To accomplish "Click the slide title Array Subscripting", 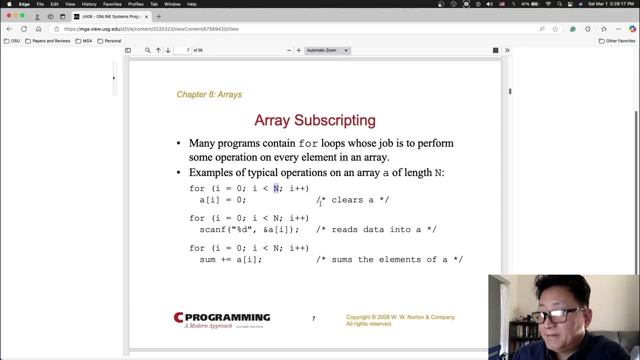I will click(x=314, y=120).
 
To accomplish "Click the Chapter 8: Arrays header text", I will click(x=209, y=94).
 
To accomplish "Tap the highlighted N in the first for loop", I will click(x=276, y=188).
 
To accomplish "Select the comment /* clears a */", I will click(x=352, y=200).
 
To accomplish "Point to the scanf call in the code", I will click(x=249, y=229).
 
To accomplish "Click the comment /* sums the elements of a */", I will click(x=389, y=259).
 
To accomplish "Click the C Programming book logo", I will click(x=221, y=320).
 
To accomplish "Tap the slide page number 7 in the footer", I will click(x=313, y=319).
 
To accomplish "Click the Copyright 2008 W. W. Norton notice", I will click(x=400, y=320).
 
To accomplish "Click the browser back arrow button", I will click(x=9, y=29).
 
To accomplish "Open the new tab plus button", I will click(x=159, y=16).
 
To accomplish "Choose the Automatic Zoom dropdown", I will click(x=327, y=50).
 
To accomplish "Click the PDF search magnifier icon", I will click(x=147, y=50).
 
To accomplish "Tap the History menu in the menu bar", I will click(x=89, y=4).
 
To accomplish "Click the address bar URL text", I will click(x=151, y=29).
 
